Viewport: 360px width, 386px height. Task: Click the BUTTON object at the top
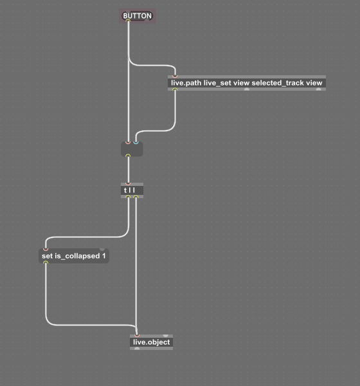[x=138, y=16]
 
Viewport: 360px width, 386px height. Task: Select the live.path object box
[x=247, y=83]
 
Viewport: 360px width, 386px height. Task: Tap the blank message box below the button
[x=132, y=149]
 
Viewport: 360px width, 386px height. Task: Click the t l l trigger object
[x=132, y=190]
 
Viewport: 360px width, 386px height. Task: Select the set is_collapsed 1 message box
[x=74, y=256]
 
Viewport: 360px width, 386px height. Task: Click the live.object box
[x=151, y=342]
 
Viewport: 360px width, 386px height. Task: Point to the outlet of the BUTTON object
[x=128, y=21]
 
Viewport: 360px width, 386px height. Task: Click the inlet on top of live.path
[x=175, y=77]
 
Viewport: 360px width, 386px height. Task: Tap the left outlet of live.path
[x=175, y=89]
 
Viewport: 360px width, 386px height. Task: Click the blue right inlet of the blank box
[x=136, y=143]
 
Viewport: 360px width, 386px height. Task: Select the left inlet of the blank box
[x=128, y=143]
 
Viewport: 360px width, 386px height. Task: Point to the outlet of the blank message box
[x=128, y=156]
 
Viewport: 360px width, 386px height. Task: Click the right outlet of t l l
[x=136, y=197]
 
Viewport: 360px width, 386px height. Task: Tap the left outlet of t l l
[x=128, y=197]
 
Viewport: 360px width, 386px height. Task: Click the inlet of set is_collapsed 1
[x=46, y=250]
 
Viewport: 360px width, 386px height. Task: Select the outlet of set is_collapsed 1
[x=46, y=262]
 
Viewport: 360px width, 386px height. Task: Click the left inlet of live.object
[x=137, y=336]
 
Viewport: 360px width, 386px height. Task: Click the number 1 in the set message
[x=104, y=256]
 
